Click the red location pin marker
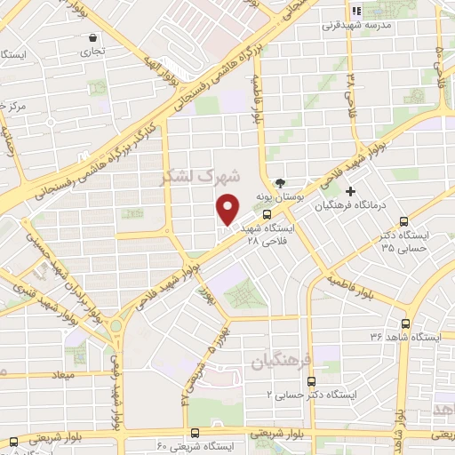[228, 208]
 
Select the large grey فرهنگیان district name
[281, 362]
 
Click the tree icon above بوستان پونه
[281, 181]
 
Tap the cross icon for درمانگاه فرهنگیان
[351, 191]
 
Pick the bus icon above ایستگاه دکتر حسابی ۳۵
[404, 222]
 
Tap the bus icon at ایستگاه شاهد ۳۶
[406, 323]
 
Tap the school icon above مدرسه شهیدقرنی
[355, 12]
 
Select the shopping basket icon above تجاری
[94, 38]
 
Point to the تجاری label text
[93, 52]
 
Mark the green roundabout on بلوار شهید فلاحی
[116, 327]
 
